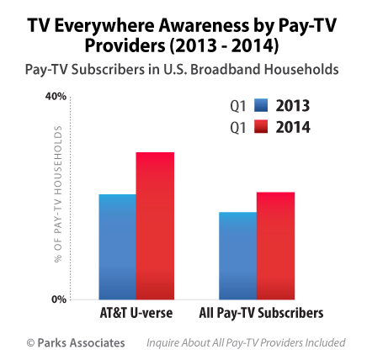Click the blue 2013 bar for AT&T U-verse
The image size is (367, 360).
(117, 246)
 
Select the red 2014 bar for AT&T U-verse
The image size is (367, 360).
(155, 226)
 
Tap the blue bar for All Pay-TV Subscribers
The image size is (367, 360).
(237, 256)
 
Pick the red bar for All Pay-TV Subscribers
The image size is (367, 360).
(275, 246)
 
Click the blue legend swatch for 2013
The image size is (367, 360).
(261, 105)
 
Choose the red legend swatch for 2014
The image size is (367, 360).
(261, 127)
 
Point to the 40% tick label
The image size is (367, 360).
(56, 97)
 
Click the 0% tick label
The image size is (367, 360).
(59, 299)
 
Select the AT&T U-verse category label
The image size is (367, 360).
(136, 313)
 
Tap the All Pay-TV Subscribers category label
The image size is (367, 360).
(261, 313)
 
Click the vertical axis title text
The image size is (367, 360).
(58, 194)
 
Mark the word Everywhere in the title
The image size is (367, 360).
(104, 25)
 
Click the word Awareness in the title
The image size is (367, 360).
(204, 25)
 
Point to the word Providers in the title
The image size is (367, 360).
(125, 45)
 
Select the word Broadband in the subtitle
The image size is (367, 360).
(226, 69)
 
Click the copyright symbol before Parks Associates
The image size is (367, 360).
(30, 342)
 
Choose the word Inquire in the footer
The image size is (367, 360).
(162, 343)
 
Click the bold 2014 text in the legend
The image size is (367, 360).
(293, 127)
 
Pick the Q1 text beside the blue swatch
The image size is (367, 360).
(238, 106)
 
